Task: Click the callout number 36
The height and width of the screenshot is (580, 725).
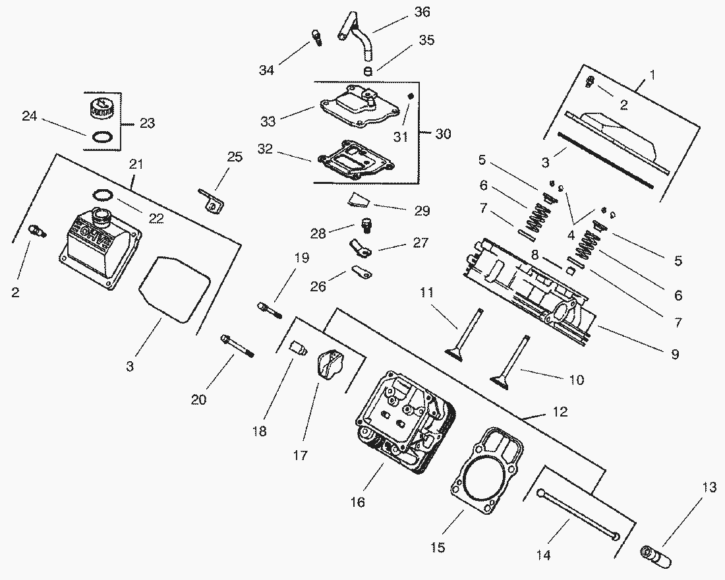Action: (x=422, y=12)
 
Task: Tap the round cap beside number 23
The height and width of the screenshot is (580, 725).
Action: (x=101, y=107)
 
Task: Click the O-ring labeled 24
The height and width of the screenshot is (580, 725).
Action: (x=101, y=137)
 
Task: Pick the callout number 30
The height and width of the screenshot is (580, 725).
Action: (x=444, y=134)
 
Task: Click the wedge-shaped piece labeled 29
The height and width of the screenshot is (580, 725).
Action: (x=359, y=198)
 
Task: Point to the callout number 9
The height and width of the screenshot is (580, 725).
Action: (x=674, y=355)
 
